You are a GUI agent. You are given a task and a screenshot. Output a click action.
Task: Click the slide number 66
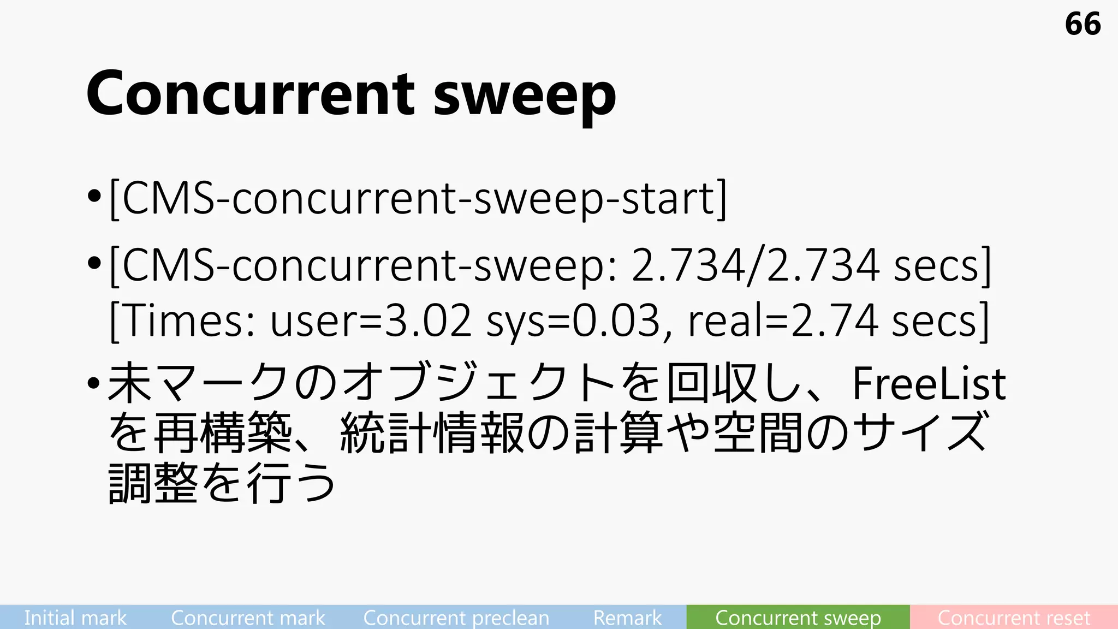pos(1083,24)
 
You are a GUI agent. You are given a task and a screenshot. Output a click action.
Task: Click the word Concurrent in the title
pos(251,94)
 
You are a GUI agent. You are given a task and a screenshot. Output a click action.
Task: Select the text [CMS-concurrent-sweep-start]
pos(418,199)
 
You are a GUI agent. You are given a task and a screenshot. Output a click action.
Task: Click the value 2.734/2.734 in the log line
pos(755,265)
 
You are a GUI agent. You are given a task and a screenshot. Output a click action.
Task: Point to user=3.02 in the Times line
pos(371,321)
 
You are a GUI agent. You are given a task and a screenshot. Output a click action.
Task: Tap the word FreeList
pos(929,384)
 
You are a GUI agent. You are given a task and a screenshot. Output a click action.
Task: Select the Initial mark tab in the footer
pos(75,618)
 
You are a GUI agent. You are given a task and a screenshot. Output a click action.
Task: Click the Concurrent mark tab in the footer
pos(248,618)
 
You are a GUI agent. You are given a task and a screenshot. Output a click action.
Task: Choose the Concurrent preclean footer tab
pos(456,618)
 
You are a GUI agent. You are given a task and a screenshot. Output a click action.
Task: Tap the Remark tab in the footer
pos(627,618)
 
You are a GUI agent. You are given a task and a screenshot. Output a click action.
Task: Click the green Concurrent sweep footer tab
pos(798,618)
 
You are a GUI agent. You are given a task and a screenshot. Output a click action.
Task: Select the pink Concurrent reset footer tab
pos(1014,618)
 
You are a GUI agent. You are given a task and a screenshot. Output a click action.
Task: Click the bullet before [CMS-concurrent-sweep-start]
pos(94,196)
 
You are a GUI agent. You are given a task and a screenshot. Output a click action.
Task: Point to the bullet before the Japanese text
pos(94,383)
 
